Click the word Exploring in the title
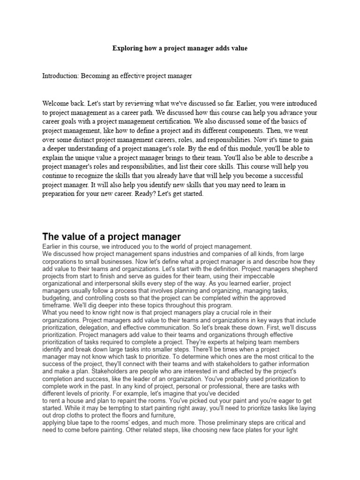(128, 48)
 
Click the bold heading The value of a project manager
(112, 236)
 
